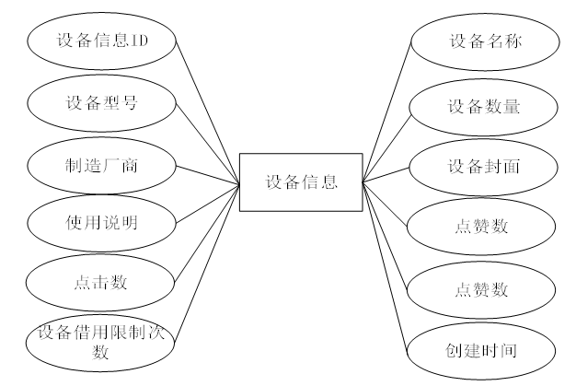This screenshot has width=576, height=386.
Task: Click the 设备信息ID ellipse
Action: coord(101,41)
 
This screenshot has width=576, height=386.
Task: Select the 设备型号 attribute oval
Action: coord(101,102)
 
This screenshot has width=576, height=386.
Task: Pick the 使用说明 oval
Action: coord(101,222)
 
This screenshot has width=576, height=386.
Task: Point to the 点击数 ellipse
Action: coord(101,282)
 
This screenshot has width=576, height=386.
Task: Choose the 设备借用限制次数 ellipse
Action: coord(101,341)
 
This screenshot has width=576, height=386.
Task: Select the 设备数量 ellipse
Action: coord(482,106)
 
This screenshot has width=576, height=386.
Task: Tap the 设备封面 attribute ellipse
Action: coord(482,166)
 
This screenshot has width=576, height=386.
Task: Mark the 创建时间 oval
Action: coord(482,351)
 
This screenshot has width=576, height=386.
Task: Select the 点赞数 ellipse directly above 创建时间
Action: coord(482,288)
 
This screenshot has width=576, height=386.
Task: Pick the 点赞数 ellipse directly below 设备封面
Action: coord(482,227)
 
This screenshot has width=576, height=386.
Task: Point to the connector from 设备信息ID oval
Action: coord(206,111)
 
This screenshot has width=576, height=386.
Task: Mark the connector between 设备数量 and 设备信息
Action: coord(386,143)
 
